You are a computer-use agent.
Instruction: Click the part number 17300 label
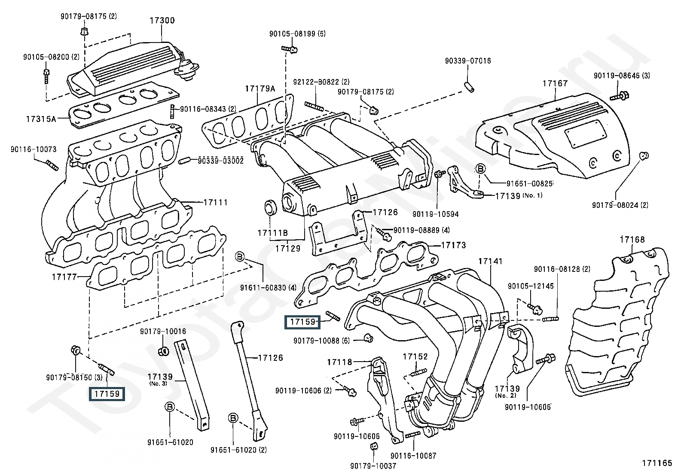[x=162, y=21]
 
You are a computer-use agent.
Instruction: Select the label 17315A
[x=41, y=119]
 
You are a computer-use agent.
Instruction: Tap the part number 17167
[x=555, y=83]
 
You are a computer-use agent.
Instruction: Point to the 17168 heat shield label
[x=632, y=240]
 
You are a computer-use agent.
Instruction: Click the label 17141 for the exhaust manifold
[x=490, y=262]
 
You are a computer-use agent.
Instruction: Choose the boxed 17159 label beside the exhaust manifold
[x=302, y=322]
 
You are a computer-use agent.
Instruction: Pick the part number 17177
[x=64, y=277]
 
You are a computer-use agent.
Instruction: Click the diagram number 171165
[x=657, y=463]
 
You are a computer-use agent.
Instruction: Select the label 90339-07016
[x=468, y=61]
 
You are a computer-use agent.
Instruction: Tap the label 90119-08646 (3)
[x=622, y=76]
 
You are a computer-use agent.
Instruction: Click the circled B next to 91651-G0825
[x=481, y=168]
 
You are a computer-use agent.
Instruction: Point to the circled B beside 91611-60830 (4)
[x=240, y=257]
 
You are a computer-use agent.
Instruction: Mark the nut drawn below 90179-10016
[x=164, y=351]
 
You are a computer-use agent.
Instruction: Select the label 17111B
[x=273, y=233]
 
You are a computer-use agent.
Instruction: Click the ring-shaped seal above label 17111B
[x=270, y=207]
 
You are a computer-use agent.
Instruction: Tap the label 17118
[x=339, y=362]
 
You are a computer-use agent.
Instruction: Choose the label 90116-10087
[x=413, y=456]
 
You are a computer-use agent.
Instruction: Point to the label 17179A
[x=260, y=88]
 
